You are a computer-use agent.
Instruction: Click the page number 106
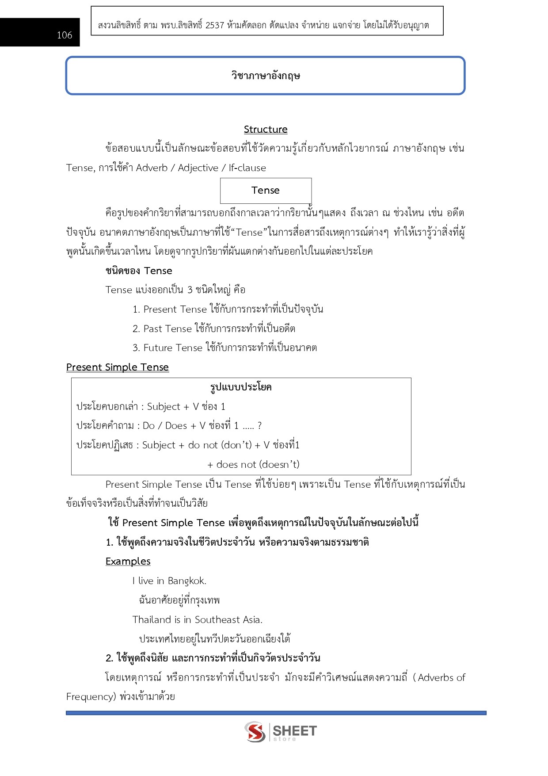point(65,35)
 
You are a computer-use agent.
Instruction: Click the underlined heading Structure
point(266,130)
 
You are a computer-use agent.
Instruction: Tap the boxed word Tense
point(266,191)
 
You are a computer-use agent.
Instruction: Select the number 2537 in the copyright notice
point(215,25)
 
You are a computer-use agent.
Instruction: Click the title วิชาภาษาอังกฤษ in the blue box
point(266,76)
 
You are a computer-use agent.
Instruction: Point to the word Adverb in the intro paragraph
point(152,168)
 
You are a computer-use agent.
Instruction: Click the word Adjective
point(198,168)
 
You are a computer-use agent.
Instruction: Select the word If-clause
point(247,168)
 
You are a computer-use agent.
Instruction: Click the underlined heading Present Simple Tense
point(118,367)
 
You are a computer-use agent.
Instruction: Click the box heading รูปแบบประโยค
point(241,387)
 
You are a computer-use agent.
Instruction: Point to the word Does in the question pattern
point(176,426)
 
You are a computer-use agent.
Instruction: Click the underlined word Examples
point(128,562)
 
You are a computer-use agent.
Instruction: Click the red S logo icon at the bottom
point(255,731)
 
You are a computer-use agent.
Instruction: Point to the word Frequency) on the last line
point(91,697)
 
